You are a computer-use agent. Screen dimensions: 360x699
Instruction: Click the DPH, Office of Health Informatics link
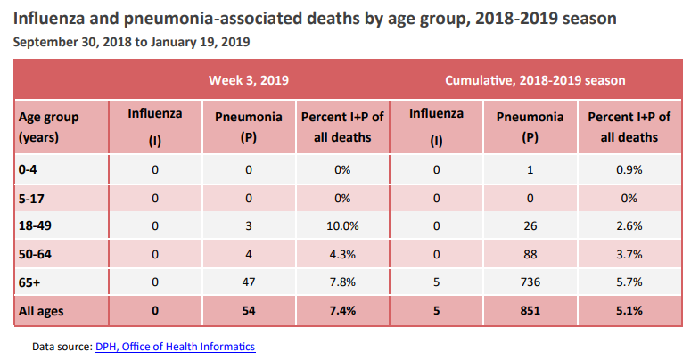175,346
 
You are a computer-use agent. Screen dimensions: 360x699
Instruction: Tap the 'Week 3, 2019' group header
249,80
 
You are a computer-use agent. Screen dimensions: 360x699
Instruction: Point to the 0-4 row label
28,169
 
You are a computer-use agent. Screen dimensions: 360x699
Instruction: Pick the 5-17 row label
30,198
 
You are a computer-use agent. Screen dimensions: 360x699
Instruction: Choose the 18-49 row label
34,226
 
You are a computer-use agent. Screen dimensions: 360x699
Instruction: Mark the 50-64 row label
34,255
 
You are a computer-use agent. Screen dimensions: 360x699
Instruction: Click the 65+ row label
29,283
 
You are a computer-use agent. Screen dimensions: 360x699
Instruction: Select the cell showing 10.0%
342,226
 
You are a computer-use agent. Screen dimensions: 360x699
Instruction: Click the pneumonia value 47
249,283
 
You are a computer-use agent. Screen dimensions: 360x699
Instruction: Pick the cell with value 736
530,283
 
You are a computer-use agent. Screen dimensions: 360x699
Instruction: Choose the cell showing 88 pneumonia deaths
530,255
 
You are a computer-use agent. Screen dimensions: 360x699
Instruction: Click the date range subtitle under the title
131,42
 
